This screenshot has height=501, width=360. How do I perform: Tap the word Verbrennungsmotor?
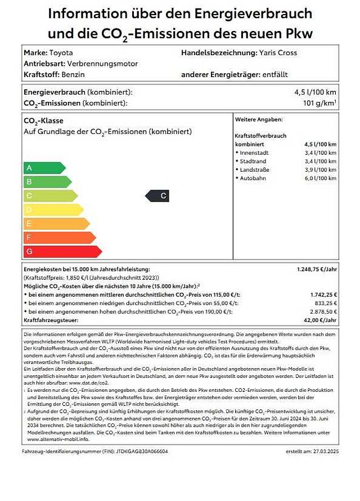point(103,64)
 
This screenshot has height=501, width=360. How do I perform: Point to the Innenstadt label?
point(254,153)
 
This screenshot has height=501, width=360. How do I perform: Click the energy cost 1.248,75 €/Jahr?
point(317,270)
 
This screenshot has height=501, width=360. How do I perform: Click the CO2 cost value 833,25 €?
point(323,303)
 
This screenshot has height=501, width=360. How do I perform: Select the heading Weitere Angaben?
point(259,119)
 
